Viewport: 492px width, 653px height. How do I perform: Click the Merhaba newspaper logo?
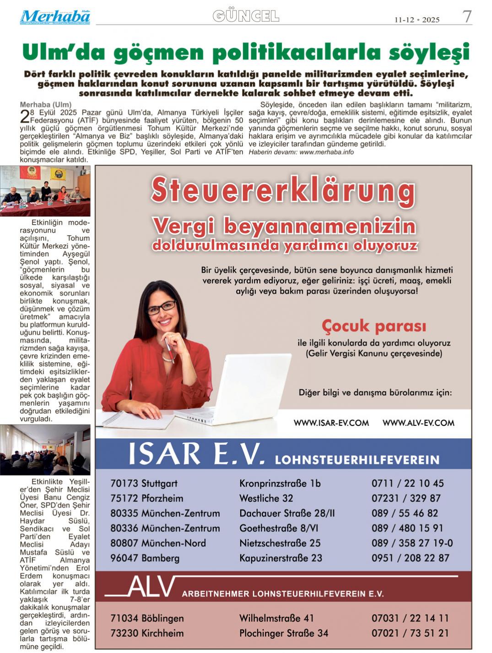[x=55, y=17]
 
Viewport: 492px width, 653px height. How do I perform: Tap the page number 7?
[x=467, y=17]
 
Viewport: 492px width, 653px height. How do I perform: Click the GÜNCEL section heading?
[x=246, y=16]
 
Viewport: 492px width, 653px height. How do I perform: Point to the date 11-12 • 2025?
[x=417, y=20]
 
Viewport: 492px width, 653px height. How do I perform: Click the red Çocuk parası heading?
[x=373, y=326]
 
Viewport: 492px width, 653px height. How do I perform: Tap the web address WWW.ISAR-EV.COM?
[x=331, y=423]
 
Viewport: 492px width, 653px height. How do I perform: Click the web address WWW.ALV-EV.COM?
[x=418, y=423]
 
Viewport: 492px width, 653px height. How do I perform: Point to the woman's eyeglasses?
[x=161, y=307]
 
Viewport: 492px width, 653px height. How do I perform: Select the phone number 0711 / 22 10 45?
[x=407, y=484]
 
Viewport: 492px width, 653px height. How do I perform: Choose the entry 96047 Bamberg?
[x=145, y=558]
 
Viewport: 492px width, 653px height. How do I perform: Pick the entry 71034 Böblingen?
[x=147, y=618]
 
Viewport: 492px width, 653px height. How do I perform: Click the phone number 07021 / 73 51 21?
[x=410, y=633]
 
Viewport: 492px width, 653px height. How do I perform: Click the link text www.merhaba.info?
[x=326, y=152]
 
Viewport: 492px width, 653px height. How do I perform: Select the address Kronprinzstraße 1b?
[x=280, y=484]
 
